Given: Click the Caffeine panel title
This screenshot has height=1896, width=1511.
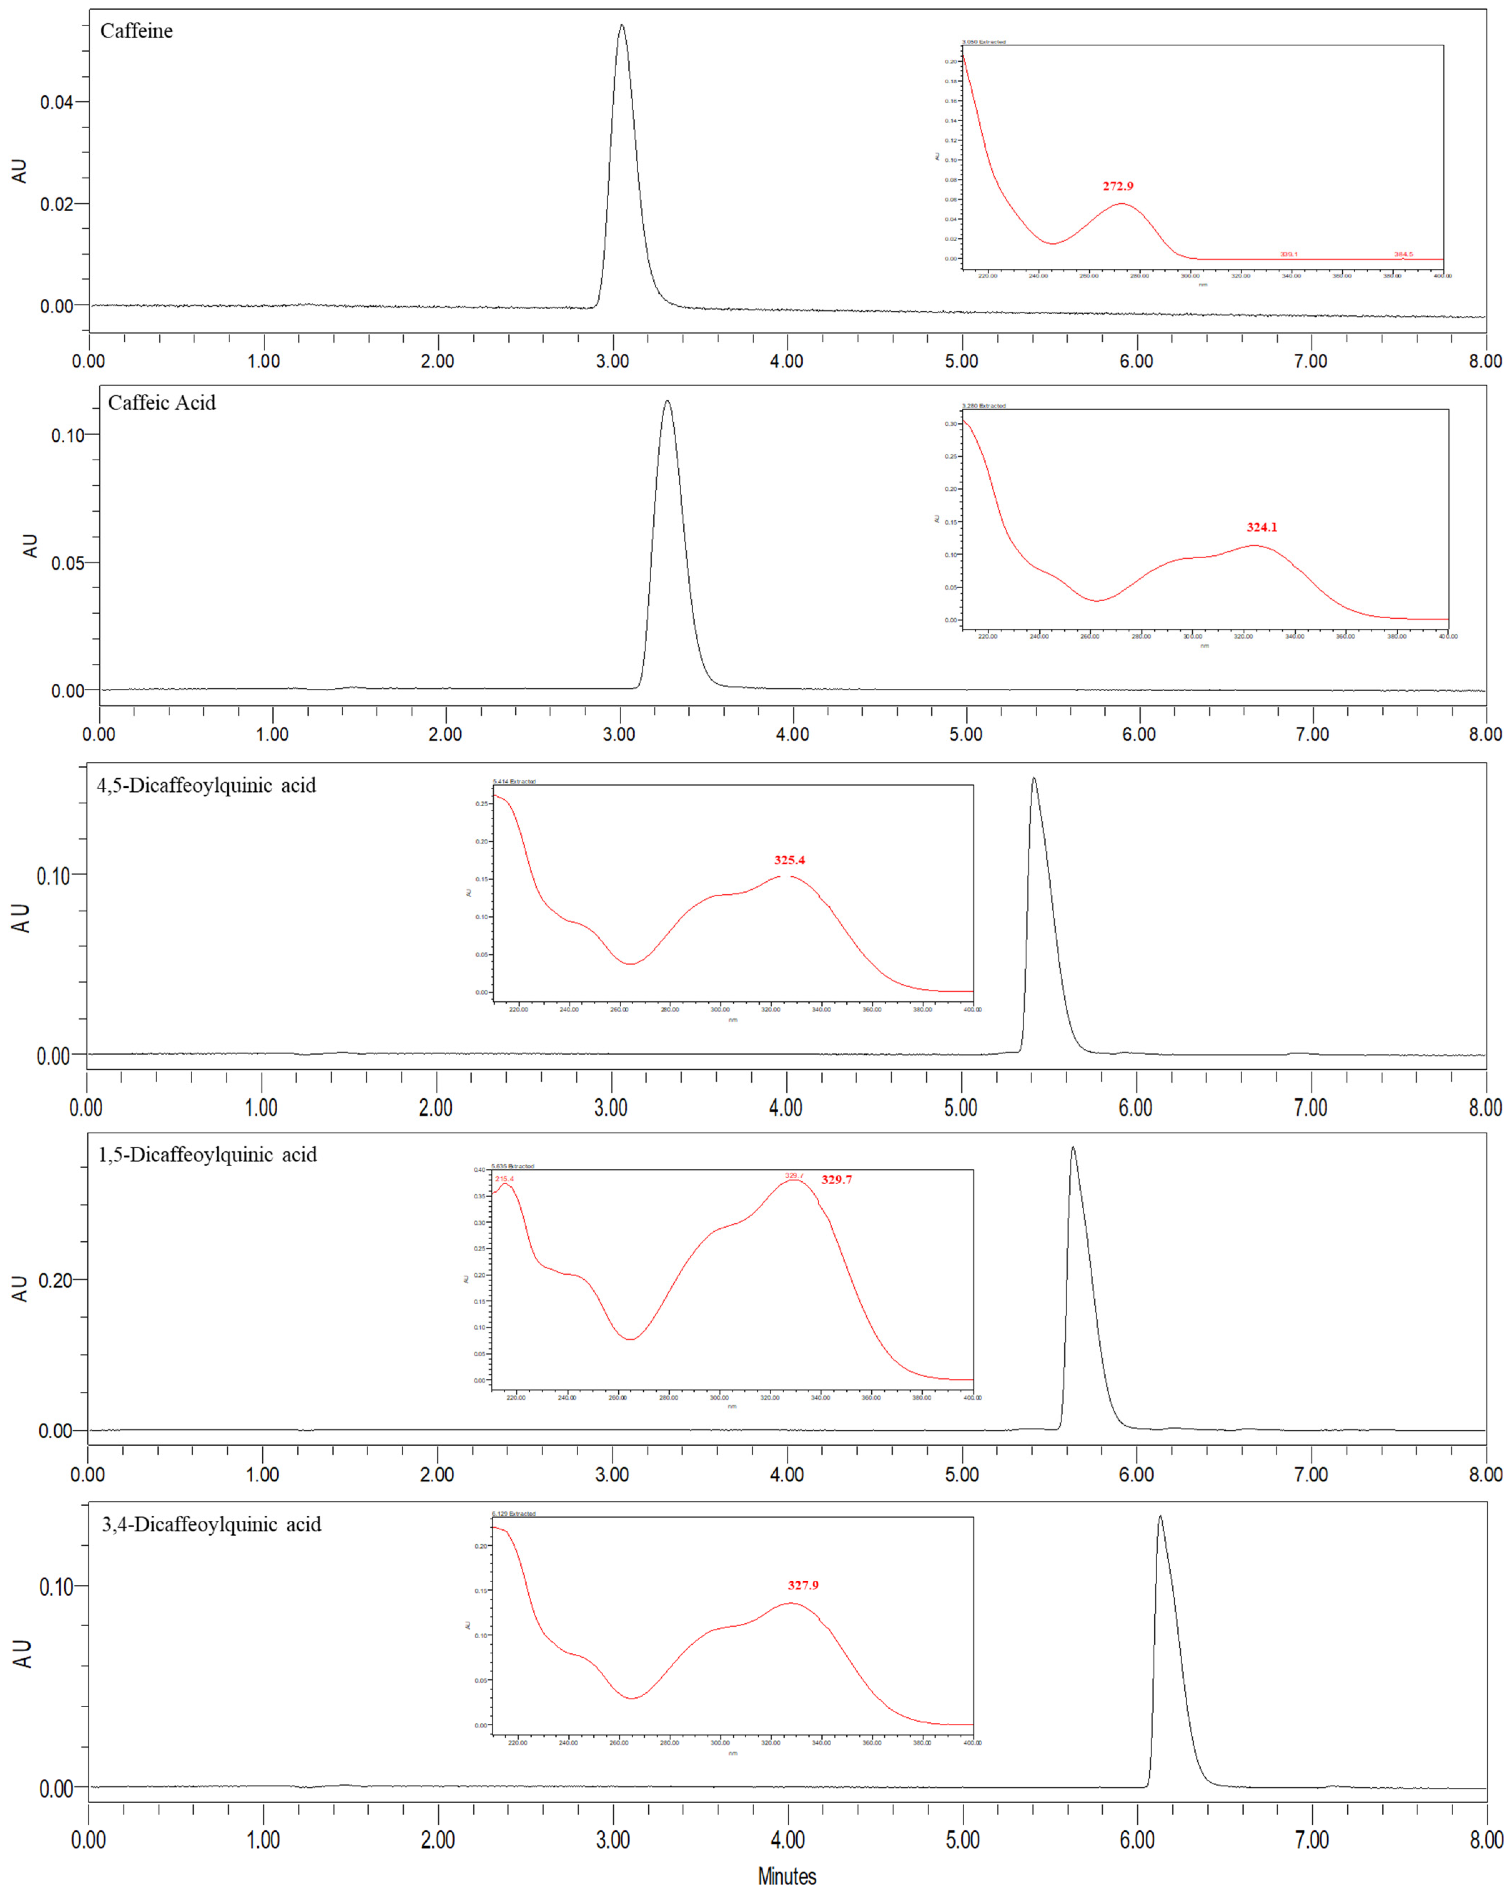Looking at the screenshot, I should pos(136,31).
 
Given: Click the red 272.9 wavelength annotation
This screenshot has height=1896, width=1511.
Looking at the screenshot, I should pos(1118,185).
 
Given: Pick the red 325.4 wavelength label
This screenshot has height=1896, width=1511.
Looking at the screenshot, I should pos(789,860).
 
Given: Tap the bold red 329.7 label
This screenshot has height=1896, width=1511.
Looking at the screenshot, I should pos(836,1179).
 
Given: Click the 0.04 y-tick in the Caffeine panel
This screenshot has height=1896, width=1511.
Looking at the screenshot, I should pos(56,102).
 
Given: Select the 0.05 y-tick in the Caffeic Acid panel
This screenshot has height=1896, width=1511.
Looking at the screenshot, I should pos(68,563).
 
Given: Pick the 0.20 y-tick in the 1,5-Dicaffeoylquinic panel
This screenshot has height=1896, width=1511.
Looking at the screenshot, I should pos(55,1279).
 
